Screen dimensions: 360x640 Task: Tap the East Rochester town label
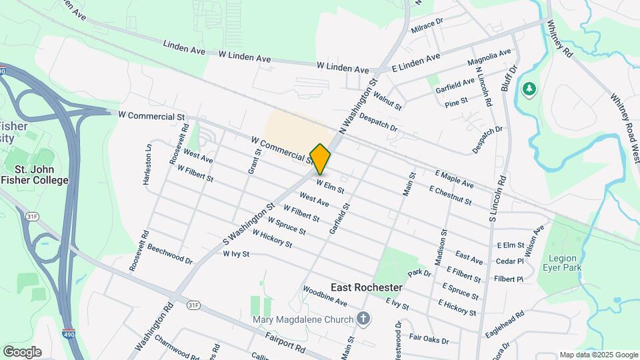click(x=366, y=287)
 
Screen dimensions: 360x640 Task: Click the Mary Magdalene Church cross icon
click(x=363, y=319)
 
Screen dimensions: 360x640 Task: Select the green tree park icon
click(x=530, y=89)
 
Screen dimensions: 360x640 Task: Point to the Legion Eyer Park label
click(x=565, y=263)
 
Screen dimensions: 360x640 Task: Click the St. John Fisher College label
click(x=35, y=175)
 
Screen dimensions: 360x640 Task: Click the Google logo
click(x=22, y=352)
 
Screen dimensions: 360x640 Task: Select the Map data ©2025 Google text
click(x=599, y=355)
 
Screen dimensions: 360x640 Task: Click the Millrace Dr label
click(x=427, y=26)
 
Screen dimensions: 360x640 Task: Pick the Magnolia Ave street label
click(x=489, y=57)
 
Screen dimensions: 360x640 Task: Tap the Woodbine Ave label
click(x=325, y=297)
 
